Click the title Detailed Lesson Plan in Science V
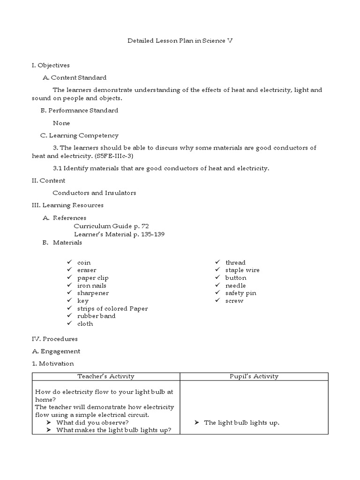(180, 41)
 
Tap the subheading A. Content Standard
(75, 78)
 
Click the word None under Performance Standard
(61, 123)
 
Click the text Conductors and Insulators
(94, 193)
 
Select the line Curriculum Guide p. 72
(112, 226)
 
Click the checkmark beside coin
(69, 262)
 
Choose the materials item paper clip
(93, 278)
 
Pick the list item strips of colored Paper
(112, 308)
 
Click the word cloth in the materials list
(85, 323)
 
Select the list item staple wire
(242, 270)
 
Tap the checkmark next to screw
(218, 300)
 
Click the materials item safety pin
(241, 293)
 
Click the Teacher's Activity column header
(106, 376)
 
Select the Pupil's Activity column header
(254, 376)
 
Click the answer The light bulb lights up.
(241, 423)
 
